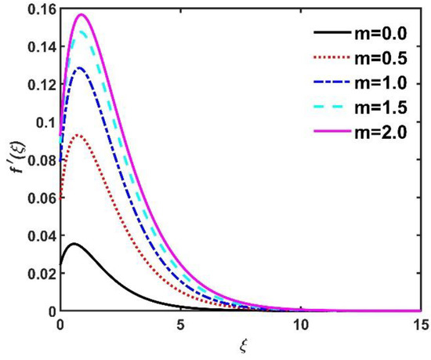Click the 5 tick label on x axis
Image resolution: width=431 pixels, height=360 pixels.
coord(180,323)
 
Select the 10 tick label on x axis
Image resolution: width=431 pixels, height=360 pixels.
coord(300,323)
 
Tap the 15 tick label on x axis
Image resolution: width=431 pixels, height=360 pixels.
coord(419,323)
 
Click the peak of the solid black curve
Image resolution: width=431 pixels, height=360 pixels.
coord(74,244)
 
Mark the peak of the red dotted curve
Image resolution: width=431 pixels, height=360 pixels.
coord(78,135)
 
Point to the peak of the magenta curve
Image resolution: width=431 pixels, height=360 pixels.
coord(81,14)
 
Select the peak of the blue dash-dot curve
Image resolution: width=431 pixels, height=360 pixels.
coord(80,67)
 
